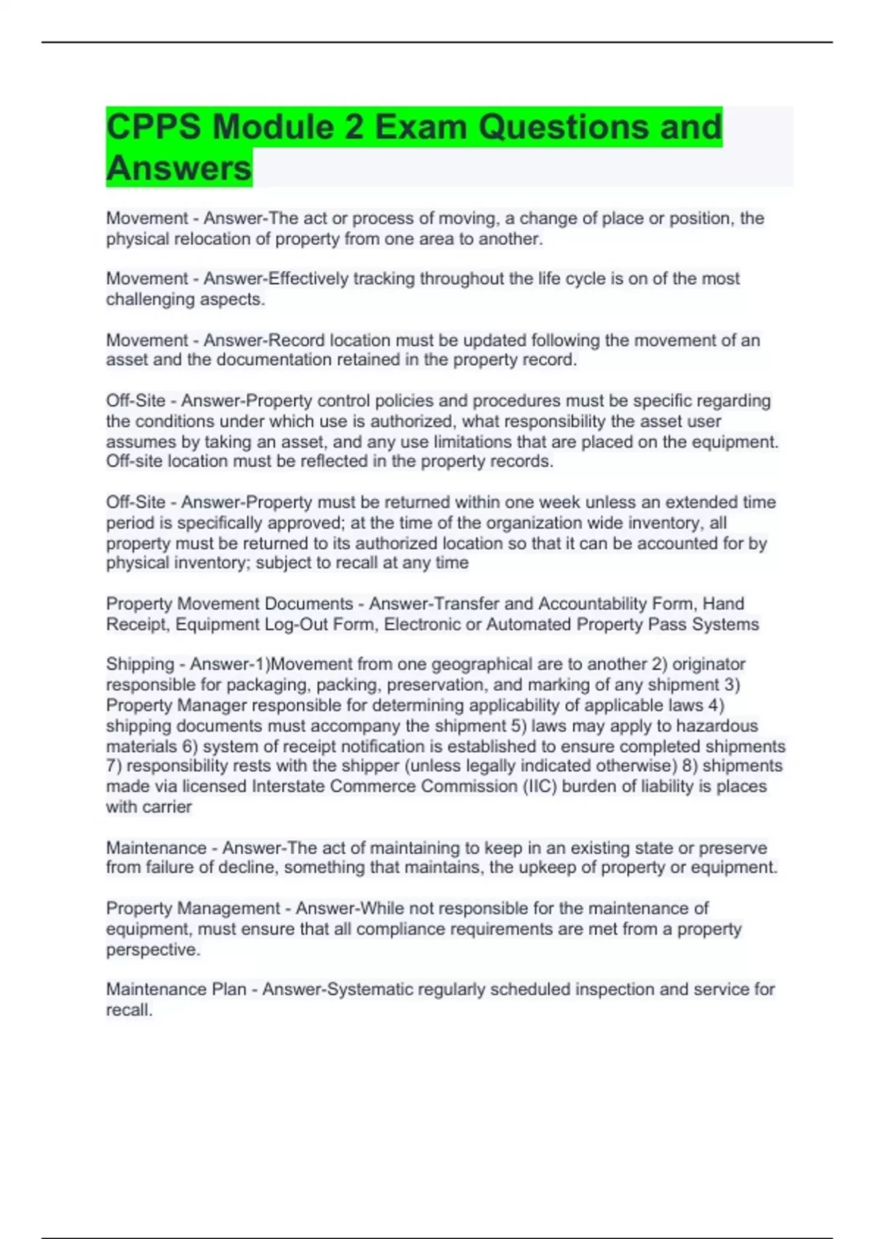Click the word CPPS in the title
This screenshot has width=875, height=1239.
pyautogui.click(x=153, y=127)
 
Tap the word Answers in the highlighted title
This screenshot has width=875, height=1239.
pyautogui.click(x=179, y=168)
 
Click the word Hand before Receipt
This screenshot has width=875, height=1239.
pyautogui.click(x=723, y=603)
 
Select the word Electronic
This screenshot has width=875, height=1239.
pyautogui.click(x=421, y=624)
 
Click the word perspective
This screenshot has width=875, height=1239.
pyautogui.click(x=152, y=950)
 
